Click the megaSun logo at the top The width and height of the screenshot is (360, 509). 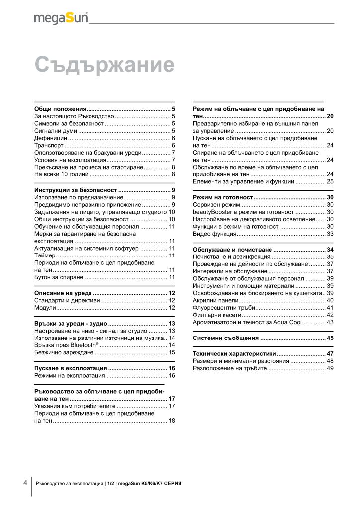click(61, 18)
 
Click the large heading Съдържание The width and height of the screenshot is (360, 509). click(104, 65)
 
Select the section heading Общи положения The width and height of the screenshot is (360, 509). click(60, 108)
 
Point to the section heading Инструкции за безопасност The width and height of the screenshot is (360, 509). click(76, 190)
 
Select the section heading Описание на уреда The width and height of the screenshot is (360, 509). click(63, 293)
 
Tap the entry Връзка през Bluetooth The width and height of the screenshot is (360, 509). click(66, 345)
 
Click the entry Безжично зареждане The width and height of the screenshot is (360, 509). click(64, 352)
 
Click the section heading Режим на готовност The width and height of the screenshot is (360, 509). click(223, 198)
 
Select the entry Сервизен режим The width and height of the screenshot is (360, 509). click(216, 205)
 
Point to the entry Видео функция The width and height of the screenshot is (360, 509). click(214, 234)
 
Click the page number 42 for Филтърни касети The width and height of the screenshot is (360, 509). click(330, 315)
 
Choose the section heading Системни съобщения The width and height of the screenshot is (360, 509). click(225, 338)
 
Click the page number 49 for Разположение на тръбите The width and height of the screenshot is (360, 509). click(330, 368)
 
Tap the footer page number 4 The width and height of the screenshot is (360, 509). click(25, 483)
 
